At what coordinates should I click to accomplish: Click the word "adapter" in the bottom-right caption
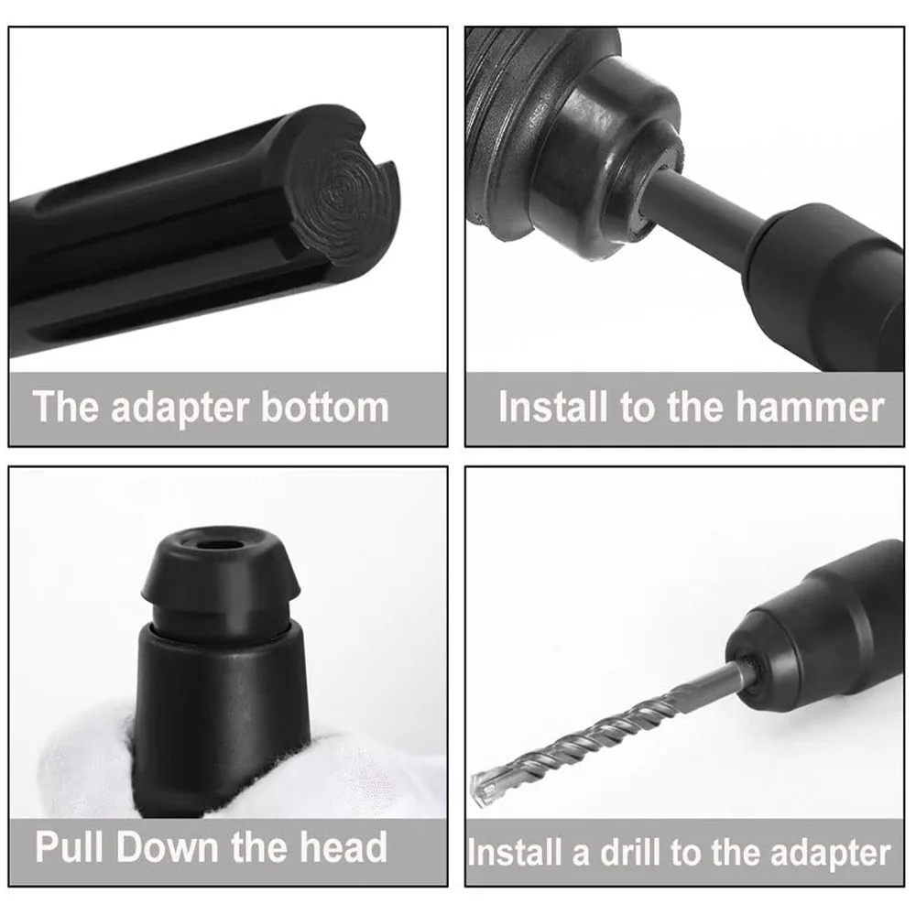(x=831, y=854)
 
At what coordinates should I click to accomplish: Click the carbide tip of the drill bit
(x=484, y=784)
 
